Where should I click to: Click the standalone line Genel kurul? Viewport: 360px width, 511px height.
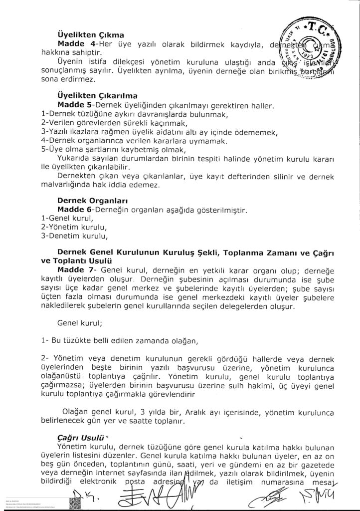(80, 323)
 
